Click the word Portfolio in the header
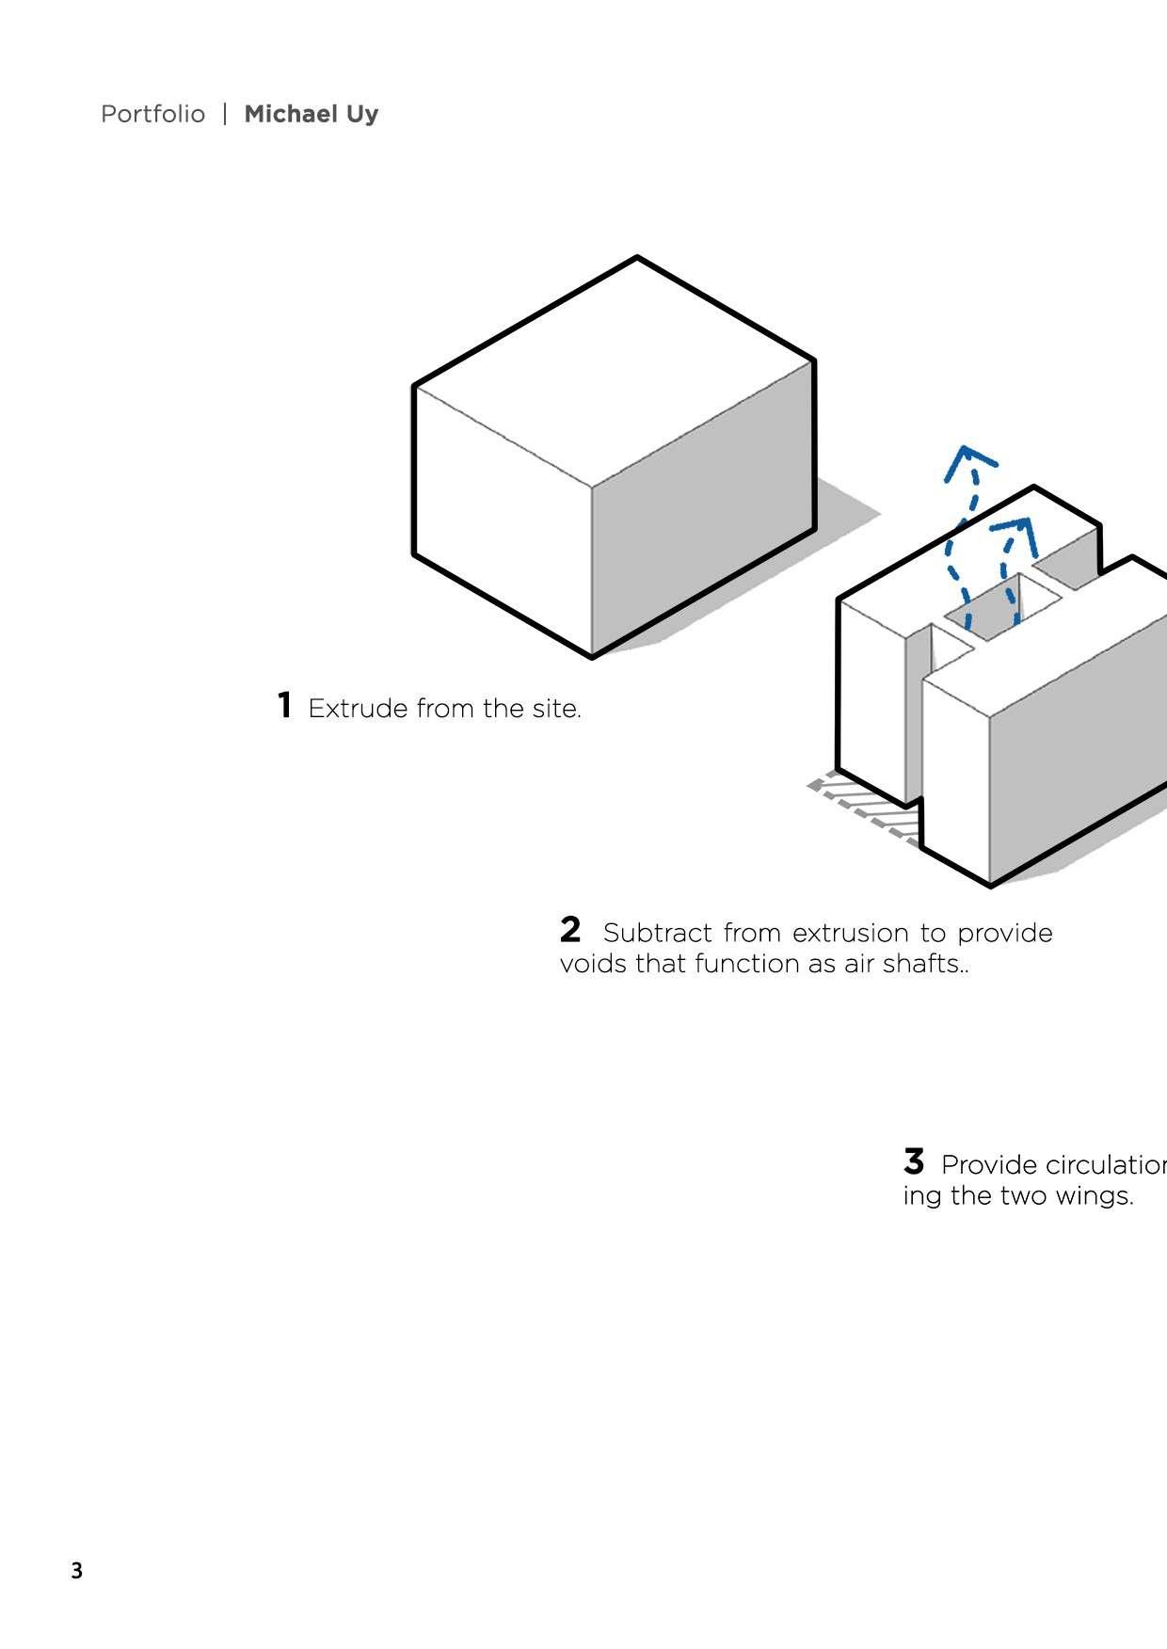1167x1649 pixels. tap(152, 114)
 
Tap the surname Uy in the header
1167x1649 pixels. tap(362, 115)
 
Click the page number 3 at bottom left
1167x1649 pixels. tap(76, 1571)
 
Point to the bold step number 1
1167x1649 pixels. tap(284, 705)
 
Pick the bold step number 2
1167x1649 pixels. tap(570, 930)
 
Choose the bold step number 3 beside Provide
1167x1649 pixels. tap(914, 1161)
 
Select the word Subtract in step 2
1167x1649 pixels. tap(657, 933)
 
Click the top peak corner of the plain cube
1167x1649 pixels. tap(637, 257)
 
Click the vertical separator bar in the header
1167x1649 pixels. tap(225, 114)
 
